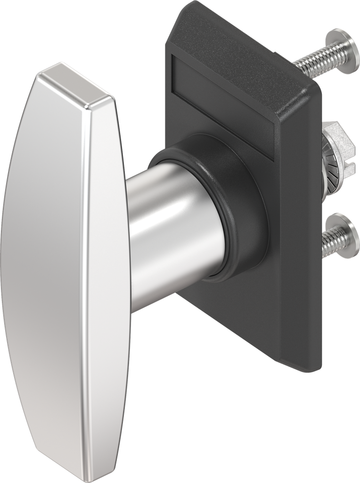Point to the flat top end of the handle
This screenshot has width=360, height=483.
75,85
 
